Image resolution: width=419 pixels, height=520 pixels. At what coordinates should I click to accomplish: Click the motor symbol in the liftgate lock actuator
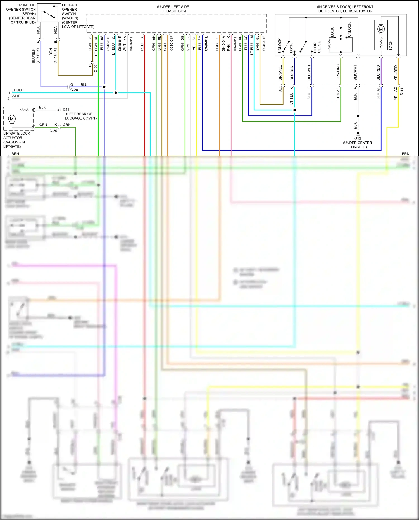pos(12,119)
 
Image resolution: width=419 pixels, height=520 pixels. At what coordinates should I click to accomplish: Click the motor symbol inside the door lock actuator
pos(381,29)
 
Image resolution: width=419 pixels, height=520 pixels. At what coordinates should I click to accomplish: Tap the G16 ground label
pos(66,110)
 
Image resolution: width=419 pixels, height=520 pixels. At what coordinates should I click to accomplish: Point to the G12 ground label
pos(358,138)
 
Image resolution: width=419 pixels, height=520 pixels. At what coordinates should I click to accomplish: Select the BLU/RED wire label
pos(379,73)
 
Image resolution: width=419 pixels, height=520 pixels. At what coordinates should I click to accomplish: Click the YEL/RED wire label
pos(396,73)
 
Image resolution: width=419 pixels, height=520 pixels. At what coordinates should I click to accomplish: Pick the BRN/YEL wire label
pos(281,73)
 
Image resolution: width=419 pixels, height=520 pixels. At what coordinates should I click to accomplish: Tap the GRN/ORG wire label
pos(338,72)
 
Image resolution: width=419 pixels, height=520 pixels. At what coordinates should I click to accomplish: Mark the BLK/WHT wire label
pos(356,73)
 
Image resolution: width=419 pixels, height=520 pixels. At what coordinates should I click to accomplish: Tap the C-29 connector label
pos(401,91)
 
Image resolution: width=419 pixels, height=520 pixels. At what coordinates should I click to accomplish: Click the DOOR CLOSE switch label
pos(317,47)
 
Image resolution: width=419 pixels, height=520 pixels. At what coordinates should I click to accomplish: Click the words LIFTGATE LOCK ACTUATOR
pos(16,136)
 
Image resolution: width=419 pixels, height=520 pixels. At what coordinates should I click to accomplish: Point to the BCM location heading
pos(173,9)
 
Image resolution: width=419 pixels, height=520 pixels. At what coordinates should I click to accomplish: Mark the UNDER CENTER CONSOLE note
pos(358,145)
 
